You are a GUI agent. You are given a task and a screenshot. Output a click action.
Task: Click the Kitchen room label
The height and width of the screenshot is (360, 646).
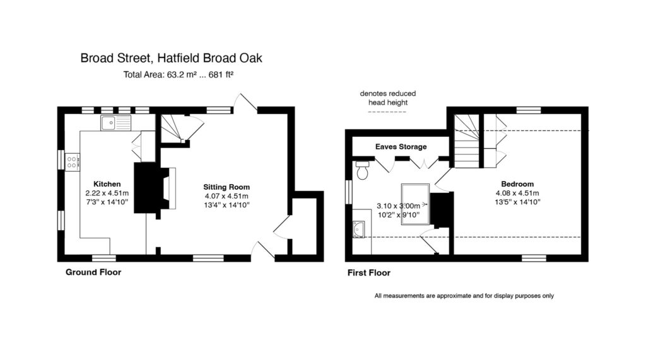pyautogui.click(x=107, y=184)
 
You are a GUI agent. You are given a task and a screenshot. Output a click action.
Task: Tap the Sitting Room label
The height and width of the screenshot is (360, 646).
pyautogui.click(x=226, y=187)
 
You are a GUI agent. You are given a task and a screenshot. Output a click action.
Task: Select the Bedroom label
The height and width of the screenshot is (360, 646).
pyautogui.click(x=517, y=184)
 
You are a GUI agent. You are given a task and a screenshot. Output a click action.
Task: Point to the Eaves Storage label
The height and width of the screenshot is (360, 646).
pyautogui.click(x=401, y=147)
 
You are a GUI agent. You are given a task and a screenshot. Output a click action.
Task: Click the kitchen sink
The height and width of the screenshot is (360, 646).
pyautogui.click(x=116, y=123)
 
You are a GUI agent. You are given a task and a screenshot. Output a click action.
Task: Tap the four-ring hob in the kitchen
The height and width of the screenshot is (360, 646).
pyautogui.click(x=72, y=162)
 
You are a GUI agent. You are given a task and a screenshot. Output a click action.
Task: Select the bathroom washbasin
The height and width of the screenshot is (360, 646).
pyautogui.click(x=359, y=229)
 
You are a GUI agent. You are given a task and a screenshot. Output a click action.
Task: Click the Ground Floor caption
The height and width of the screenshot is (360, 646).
pyautogui.click(x=93, y=272)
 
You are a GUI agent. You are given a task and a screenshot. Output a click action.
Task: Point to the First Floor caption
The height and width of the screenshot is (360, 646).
pyautogui.click(x=368, y=272)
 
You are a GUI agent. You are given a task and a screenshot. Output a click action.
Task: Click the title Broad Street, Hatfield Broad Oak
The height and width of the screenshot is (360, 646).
pyautogui.click(x=171, y=58)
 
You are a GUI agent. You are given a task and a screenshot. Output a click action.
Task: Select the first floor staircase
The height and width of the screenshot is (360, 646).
pyautogui.click(x=467, y=141)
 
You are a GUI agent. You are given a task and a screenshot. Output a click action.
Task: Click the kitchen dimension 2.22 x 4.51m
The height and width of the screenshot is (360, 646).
pyautogui.click(x=107, y=193)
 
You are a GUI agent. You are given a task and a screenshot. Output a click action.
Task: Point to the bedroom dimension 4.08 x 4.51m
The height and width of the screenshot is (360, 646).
pyautogui.click(x=517, y=193)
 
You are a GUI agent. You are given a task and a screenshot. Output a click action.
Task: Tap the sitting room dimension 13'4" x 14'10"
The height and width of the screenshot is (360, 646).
pyautogui.click(x=226, y=205)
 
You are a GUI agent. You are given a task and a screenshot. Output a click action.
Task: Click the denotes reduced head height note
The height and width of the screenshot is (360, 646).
pyautogui.click(x=388, y=98)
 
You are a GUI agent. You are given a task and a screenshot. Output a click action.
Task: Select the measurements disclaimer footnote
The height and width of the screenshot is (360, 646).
pyautogui.click(x=464, y=296)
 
